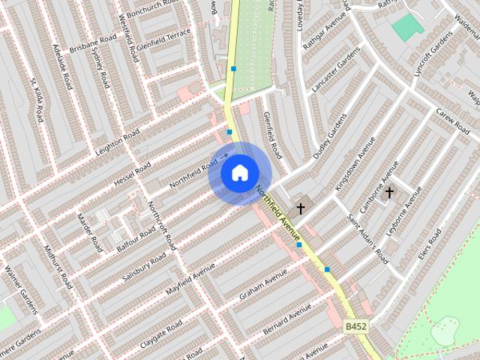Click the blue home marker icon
239,173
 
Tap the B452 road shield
356,328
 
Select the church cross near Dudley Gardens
301,208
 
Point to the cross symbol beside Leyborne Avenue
388,193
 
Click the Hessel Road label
132,175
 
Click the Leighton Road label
118,142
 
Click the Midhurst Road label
57,266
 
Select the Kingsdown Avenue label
355,163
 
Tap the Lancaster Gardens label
331,75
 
